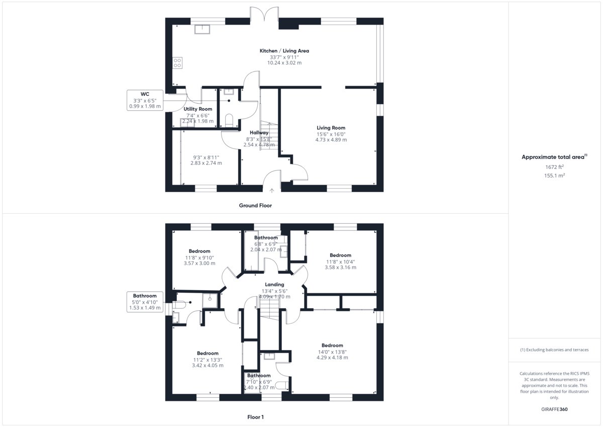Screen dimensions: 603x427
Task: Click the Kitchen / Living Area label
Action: [284, 51]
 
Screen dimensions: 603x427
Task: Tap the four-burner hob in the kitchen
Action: [177, 63]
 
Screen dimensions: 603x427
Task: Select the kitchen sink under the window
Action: [202, 29]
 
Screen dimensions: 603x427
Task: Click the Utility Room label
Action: [198, 109]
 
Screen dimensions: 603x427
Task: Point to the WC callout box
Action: [145, 100]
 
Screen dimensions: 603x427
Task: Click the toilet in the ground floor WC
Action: [229, 120]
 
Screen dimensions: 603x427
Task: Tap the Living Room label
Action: [331, 128]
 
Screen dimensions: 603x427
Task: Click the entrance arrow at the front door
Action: [272, 191]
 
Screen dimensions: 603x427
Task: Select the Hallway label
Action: [259, 133]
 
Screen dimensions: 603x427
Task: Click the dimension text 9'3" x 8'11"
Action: [206, 157]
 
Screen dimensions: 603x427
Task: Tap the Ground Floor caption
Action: [255, 205]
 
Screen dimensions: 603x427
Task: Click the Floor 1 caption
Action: [255, 417]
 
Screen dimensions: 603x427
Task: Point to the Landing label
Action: [274, 285]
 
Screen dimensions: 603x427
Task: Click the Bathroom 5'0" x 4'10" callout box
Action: [145, 302]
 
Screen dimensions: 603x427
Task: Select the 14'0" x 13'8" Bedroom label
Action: [332, 346]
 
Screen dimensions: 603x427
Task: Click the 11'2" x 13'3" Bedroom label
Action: [208, 353]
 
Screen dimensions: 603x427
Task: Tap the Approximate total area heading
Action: [554, 157]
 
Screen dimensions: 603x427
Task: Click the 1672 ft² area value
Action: [554, 167]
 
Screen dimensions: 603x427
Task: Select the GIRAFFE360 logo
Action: [554, 409]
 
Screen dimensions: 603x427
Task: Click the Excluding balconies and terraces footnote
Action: [554, 350]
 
